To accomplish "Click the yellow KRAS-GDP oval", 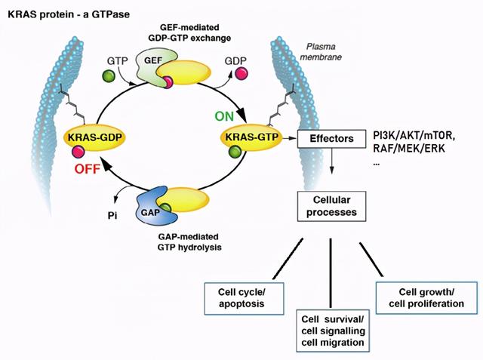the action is [94, 137].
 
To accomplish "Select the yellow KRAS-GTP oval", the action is [251, 137].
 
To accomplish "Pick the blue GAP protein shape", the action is [151, 206].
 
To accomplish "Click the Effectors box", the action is [331, 139].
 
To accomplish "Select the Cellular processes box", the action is [331, 206].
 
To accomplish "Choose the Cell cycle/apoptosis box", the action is [244, 298].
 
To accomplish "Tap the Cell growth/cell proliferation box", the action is [426, 297].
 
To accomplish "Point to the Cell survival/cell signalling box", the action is [333, 331].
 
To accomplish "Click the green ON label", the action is [224, 117].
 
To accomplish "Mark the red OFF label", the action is [88, 169].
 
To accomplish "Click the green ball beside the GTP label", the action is [109, 75].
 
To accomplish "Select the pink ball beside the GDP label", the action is [241, 74].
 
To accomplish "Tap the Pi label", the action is [112, 216].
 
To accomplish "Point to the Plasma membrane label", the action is [321, 52].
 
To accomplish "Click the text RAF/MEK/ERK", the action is [409, 149].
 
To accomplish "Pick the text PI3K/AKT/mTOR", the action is [414, 136].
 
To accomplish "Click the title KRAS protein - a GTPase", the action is [69, 14].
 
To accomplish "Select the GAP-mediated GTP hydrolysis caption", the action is [189, 242].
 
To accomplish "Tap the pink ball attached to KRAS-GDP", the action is [78, 152].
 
